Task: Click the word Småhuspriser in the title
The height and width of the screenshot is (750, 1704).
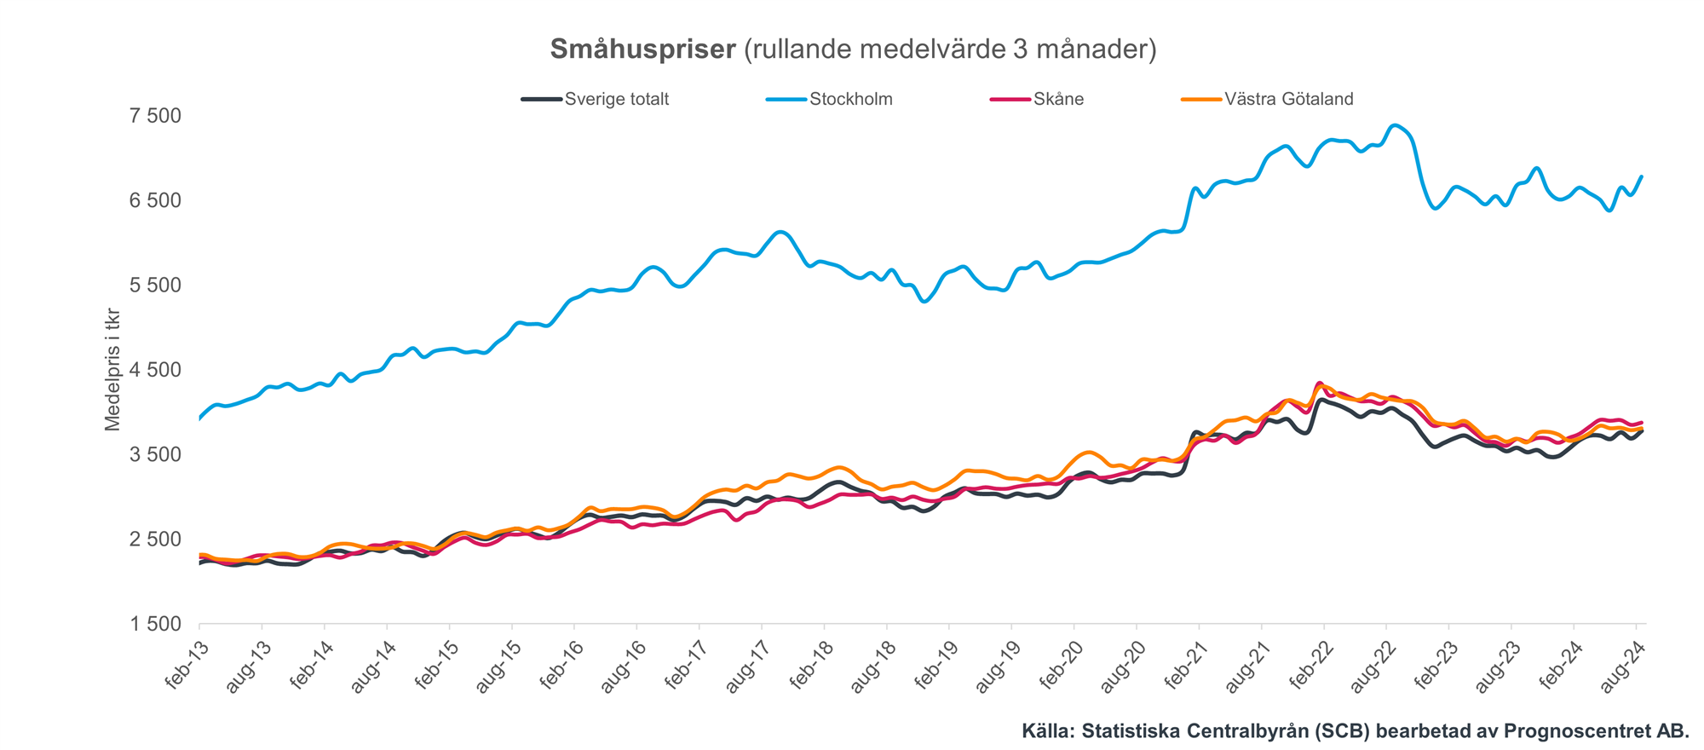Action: (x=642, y=49)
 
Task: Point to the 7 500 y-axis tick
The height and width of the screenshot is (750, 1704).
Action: (x=155, y=115)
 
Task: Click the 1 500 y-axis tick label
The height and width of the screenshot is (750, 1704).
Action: (x=155, y=625)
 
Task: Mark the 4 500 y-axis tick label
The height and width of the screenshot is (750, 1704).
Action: (x=155, y=370)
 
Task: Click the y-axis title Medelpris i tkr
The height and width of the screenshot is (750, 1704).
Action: (x=112, y=370)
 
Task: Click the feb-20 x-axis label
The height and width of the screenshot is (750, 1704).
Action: (x=1062, y=669)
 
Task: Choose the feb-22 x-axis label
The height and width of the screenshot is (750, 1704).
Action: (x=1311, y=669)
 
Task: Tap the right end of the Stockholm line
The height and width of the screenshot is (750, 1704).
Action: (x=1642, y=176)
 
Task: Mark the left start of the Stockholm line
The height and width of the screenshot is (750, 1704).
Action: (x=200, y=418)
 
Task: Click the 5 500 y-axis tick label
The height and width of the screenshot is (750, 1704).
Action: (x=155, y=285)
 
